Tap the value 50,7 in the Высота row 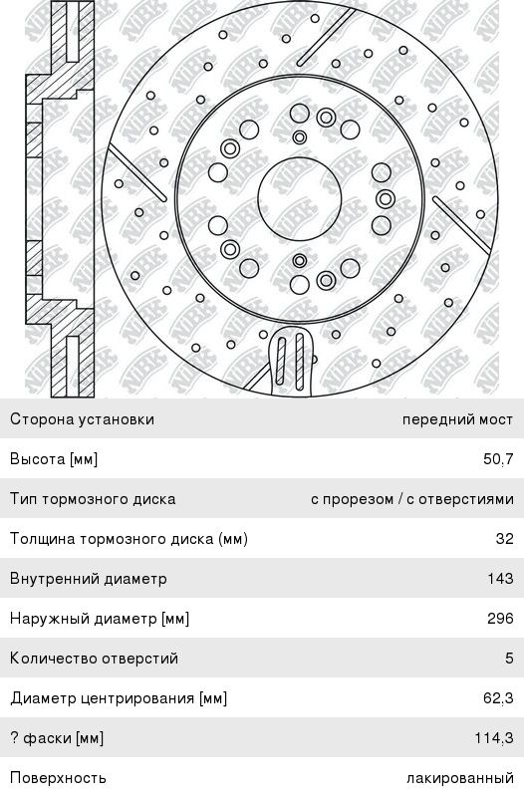[x=498, y=459]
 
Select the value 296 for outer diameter [x=500, y=619]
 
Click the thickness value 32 [x=505, y=538]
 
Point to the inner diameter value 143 [x=501, y=579]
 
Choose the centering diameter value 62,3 [x=498, y=698]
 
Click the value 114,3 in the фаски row [x=494, y=737]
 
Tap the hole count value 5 [x=509, y=659]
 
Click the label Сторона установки [x=82, y=419]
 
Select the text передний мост [x=457, y=419]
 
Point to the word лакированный [x=460, y=778]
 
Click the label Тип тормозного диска [x=93, y=499]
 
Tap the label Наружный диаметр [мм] [x=100, y=619]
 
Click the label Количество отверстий [x=94, y=659]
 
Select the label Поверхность [x=58, y=778]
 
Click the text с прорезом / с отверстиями [x=412, y=499]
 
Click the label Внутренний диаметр [x=89, y=579]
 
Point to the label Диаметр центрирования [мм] [x=119, y=698]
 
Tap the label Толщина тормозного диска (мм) [x=130, y=539]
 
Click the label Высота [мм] [x=54, y=459]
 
